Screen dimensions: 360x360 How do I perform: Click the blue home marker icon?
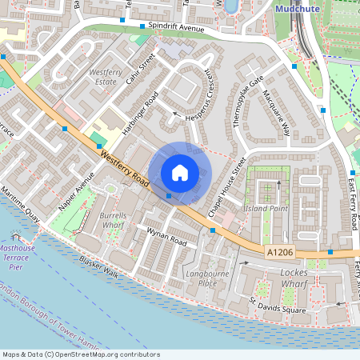pos(180,172)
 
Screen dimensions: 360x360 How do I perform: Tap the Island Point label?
pos(266,208)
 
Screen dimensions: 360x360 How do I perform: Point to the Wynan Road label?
pos(166,236)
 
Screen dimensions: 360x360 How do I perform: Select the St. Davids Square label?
pos(277,306)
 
